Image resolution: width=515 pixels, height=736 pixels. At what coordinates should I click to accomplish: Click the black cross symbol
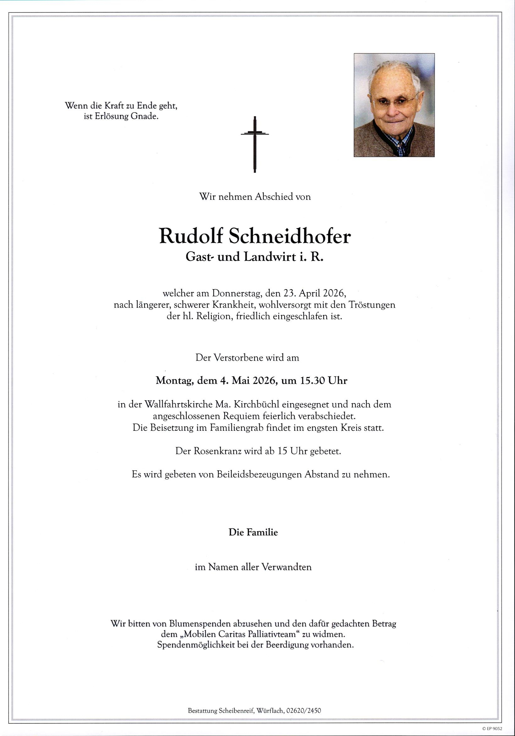coord(255,144)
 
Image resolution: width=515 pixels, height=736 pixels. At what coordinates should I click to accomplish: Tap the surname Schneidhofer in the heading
coord(290,237)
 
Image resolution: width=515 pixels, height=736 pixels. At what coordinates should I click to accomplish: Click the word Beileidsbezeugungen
coord(259,475)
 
